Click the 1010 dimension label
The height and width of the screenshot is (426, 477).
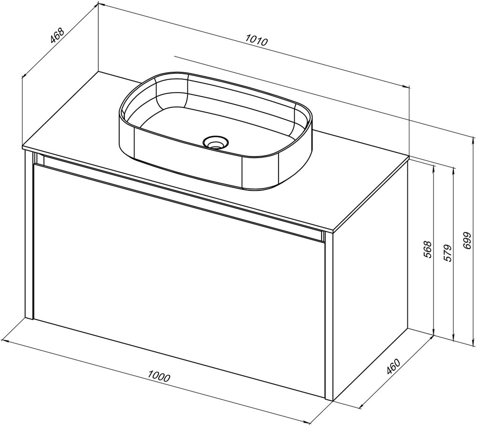click(256, 40)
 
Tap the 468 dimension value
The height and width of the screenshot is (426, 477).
click(57, 35)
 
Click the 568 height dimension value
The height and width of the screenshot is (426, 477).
click(428, 249)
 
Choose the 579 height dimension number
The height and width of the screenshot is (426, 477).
click(448, 253)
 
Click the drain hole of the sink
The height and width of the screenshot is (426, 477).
click(215, 143)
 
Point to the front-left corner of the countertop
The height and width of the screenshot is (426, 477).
click(23, 149)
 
